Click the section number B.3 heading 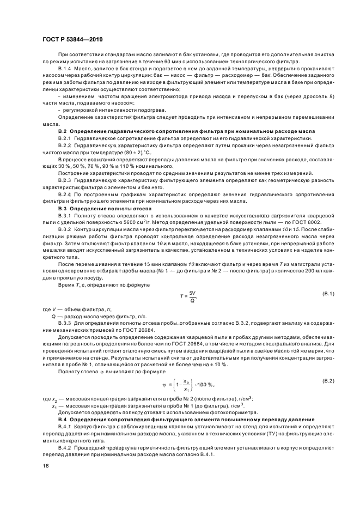62,208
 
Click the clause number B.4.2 66,447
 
